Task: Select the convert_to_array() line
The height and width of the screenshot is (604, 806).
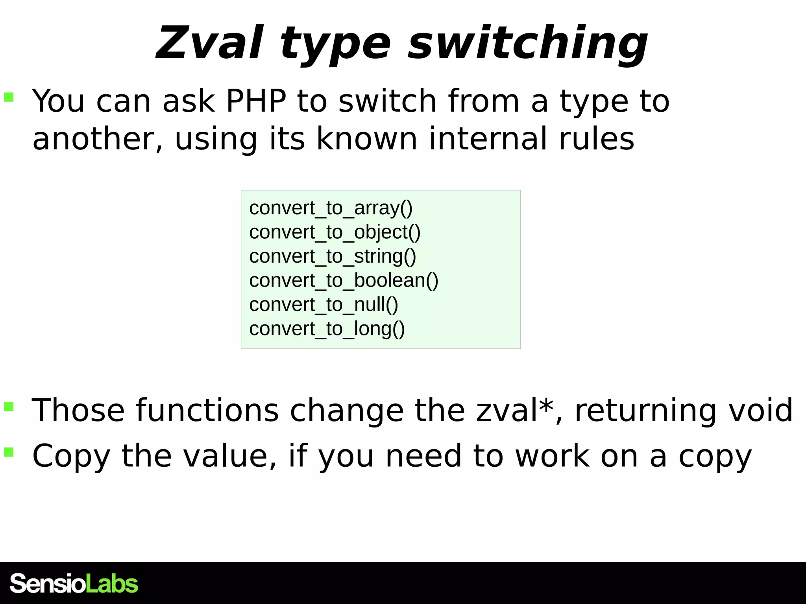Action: click(331, 208)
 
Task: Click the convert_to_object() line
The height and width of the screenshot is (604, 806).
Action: click(335, 232)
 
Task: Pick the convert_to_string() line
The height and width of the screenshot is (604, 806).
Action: click(333, 256)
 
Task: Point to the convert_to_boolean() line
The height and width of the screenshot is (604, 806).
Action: click(344, 281)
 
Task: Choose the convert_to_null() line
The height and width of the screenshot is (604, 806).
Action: click(324, 305)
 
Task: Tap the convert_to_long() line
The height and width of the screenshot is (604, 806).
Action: click(327, 329)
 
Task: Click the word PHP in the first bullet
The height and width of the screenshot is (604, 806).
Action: click(256, 101)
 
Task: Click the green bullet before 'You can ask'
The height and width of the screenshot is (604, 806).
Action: click(9, 97)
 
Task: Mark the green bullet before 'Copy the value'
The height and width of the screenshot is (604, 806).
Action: click(9, 452)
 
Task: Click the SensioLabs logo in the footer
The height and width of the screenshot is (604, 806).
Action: click(74, 584)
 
